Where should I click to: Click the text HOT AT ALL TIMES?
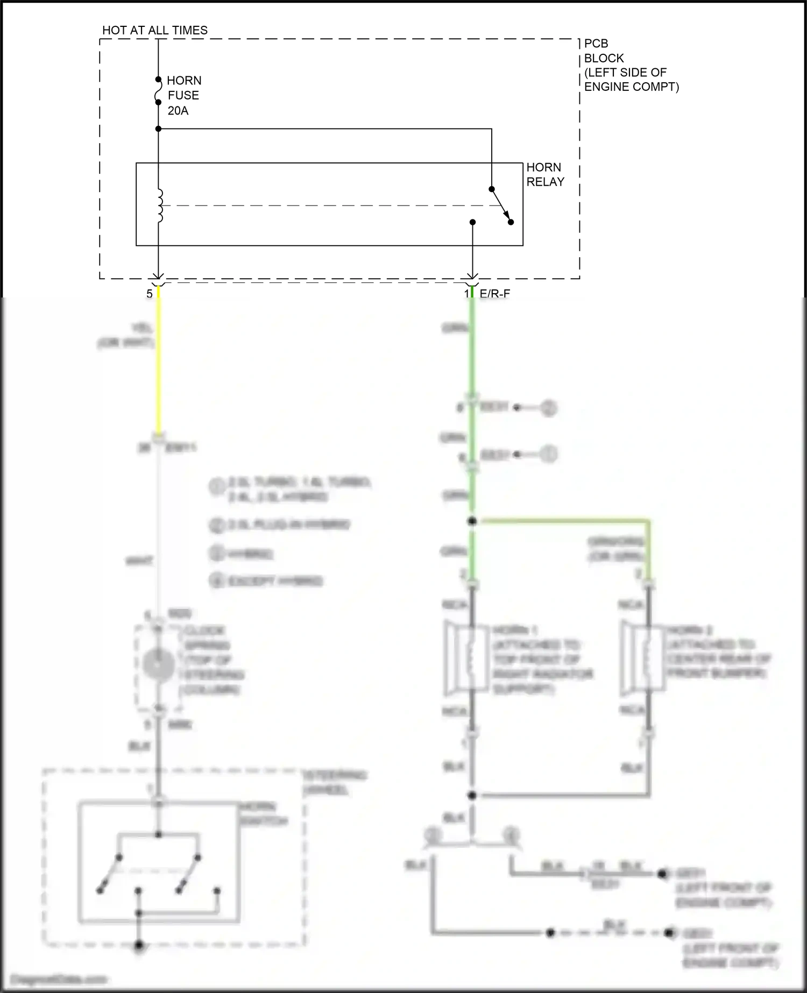[155, 31]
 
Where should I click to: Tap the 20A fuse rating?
[178, 111]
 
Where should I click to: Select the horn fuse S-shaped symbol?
[158, 91]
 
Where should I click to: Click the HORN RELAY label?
[545, 175]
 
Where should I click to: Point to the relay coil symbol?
[160, 205]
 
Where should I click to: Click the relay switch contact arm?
[501, 205]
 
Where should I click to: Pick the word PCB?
[596, 44]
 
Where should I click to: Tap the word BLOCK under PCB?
[604, 58]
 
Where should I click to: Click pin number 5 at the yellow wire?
[150, 294]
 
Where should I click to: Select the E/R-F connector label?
[494, 294]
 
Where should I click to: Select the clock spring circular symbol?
[158, 665]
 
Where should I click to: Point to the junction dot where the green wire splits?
[472, 521]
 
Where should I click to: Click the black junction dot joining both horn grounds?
[472, 795]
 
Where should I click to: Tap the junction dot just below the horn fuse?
[158, 129]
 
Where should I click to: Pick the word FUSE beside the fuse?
[183, 96]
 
